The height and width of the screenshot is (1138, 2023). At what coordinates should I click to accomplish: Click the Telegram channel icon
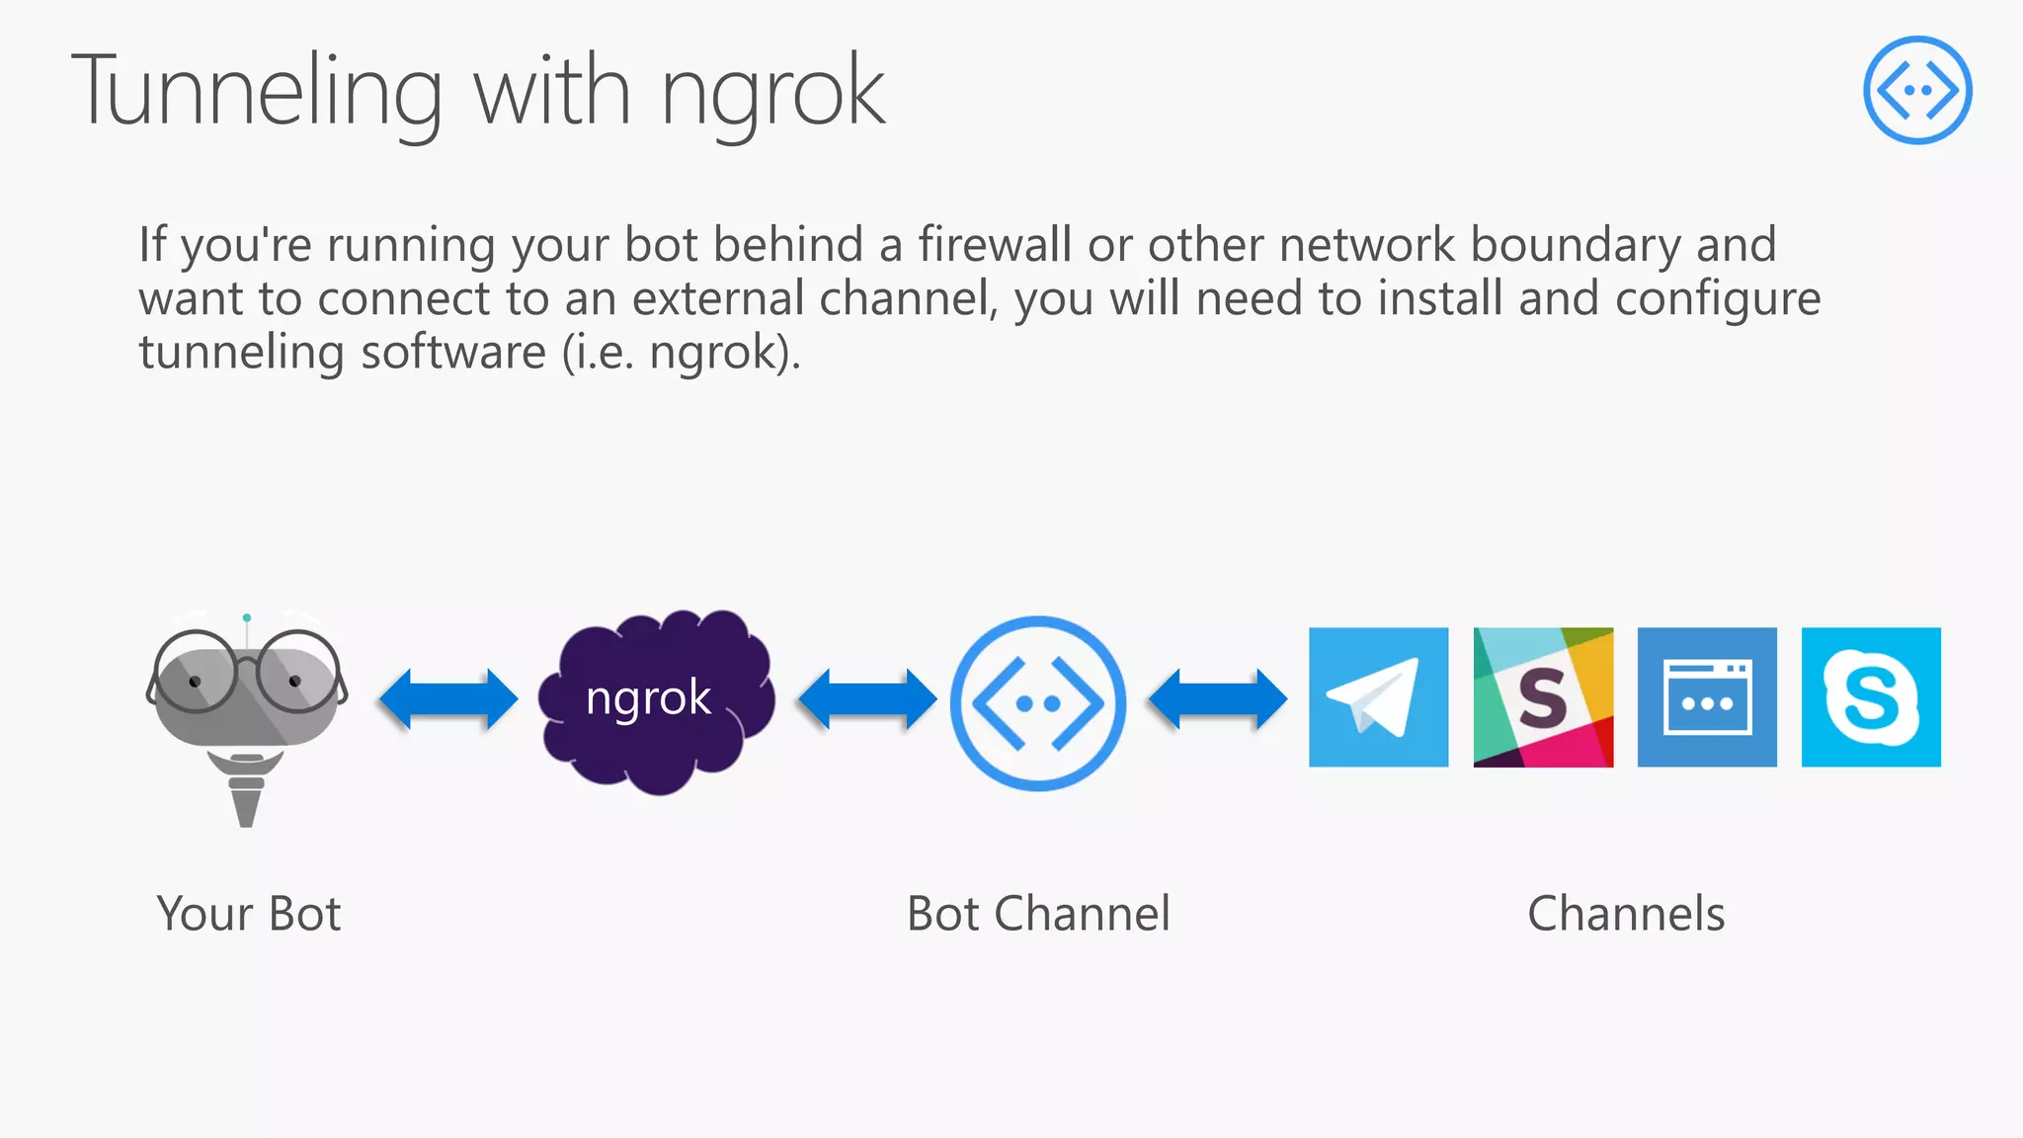pyautogui.click(x=1378, y=697)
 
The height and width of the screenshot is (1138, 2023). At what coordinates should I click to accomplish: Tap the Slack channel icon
pyautogui.click(x=1543, y=697)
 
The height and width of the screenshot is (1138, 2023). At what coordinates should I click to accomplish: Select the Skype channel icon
pyautogui.click(x=1871, y=697)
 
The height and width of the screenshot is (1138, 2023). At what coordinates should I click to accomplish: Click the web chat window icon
pyautogui.click(x=1707, y=697)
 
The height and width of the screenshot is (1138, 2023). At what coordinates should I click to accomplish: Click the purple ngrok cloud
pyautogui.click(x=655, y=701)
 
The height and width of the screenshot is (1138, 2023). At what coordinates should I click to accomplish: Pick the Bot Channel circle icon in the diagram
pyautogui.click(x=1037, y=703)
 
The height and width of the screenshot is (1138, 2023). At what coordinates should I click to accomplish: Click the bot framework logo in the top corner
pyautogui.click(x=1917, y=90)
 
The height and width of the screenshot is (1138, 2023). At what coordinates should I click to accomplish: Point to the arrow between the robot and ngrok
pyautogui.click(x=448, y=699)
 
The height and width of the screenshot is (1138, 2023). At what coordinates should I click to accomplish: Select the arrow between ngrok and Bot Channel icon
pyautogui.click(x=866, y=699)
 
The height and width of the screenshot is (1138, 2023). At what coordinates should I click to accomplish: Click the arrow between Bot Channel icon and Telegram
pyautogui.click(x=1217, y=699)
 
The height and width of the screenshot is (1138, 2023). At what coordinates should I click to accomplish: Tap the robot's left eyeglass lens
pyautogui.click(x=197, y=673)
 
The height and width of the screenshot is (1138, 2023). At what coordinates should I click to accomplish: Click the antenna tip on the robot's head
pyautogui.click(x=247, y=618)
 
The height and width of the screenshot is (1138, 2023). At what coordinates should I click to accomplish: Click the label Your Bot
pyautogui.click(x=249, y=914)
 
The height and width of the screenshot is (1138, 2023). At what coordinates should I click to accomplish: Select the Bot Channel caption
pyautogui.click(x=1038, y=914)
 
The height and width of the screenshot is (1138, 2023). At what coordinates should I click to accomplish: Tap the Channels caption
pyautogui.click(x=1626, y=914)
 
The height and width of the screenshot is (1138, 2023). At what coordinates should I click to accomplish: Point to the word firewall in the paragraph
pyautogui.click(x=994, y=245)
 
